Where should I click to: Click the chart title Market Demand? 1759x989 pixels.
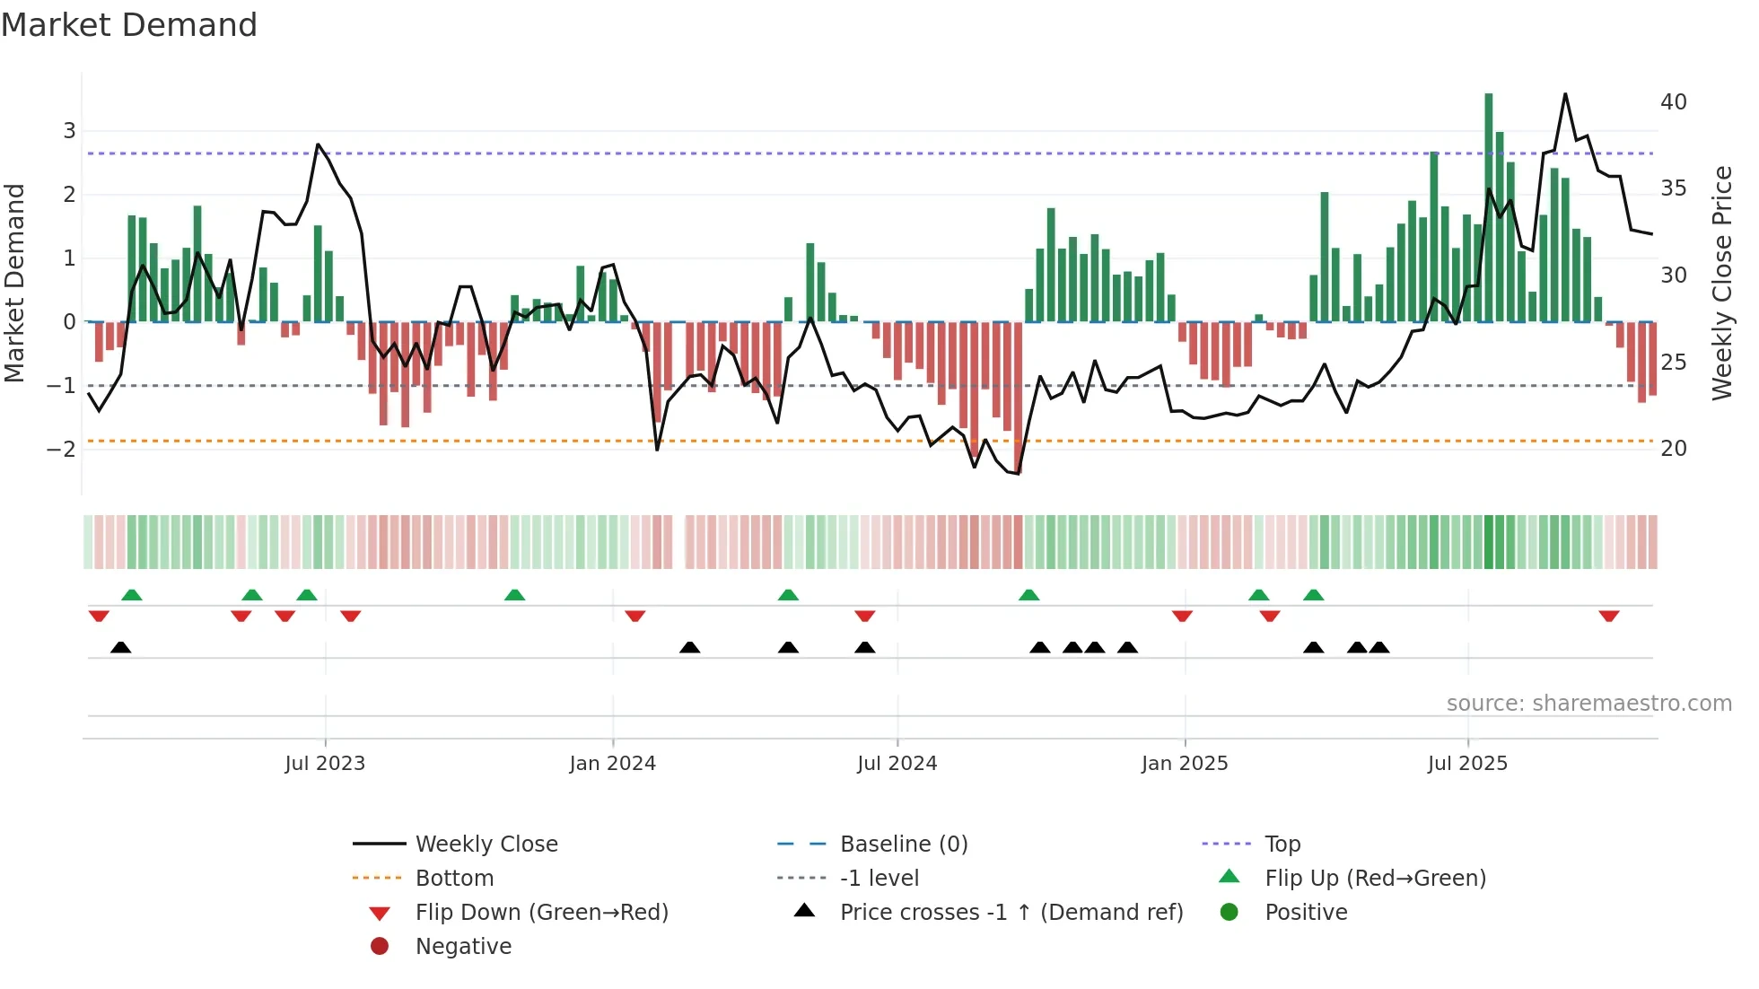pos(129,25)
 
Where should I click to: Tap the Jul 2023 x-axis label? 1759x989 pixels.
pos(325,763)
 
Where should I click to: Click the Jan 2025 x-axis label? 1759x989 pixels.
pos(1184,763)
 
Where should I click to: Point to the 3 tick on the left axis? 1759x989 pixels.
pos(69,131)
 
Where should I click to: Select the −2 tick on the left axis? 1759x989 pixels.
pos(62,449)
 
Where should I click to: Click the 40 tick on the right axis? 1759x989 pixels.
pos(1673,101)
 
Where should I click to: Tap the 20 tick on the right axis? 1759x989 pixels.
pos(1673,448)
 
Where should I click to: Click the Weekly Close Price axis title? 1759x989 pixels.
pos(1721,283)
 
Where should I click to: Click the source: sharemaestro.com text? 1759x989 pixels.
pos(1588,703)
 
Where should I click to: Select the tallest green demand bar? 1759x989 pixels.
pos(1488,206)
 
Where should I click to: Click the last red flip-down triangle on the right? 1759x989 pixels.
pos(1608,616)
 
